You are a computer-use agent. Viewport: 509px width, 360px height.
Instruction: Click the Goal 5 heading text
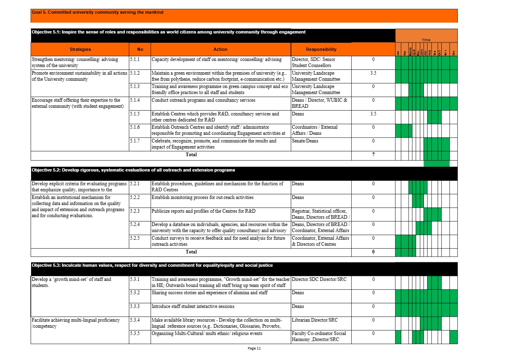98,13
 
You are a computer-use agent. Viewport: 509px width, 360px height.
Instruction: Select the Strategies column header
80,49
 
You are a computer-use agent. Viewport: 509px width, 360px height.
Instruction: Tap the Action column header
220,49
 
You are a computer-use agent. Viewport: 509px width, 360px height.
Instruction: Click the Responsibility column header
321,49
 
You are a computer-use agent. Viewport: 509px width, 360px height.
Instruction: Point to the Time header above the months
426,40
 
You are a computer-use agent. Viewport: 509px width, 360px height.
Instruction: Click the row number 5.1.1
135,59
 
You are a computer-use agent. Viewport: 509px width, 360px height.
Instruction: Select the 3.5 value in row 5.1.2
373,73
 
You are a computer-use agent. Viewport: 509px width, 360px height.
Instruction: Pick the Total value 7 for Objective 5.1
373,154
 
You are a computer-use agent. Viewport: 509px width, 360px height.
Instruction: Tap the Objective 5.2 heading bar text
133,170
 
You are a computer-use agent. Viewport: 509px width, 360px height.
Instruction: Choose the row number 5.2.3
135,211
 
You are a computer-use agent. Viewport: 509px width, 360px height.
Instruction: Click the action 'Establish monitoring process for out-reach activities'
202,197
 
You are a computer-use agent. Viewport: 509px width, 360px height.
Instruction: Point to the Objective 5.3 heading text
152,265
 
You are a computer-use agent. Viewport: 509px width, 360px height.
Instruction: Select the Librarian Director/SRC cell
315,320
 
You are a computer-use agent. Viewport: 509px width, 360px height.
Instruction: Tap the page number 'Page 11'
255,348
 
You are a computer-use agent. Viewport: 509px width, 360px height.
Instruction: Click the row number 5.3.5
135,334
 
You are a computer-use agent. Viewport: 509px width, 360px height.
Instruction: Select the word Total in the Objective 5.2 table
191,252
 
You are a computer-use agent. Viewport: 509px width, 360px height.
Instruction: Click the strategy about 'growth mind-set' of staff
71,282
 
